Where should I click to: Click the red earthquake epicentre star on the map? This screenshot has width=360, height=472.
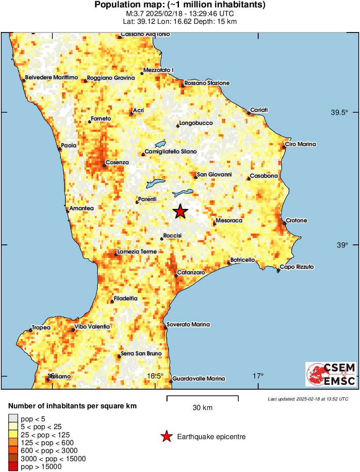(x=181, y=212)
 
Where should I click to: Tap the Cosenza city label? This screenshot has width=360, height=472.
(x=117, y=163)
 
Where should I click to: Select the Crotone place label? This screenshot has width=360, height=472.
(x=297, y=221)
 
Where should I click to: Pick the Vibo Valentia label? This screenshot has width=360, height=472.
(x=92, y=327)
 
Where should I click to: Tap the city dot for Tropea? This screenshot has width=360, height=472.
(x=30, y=330)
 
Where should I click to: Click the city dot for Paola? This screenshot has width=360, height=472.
(x=60, y=149)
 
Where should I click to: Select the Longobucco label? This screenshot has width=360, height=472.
(x=196, y=123)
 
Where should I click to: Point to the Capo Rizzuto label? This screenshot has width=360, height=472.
(x=297, y=267)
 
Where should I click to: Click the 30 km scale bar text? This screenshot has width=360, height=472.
(x=202, y=407)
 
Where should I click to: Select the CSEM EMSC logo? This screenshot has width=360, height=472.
(x=331, y=374)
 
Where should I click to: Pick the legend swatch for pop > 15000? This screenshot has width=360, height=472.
(x=13, y=466)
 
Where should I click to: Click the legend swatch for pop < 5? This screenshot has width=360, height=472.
(x=13, y=419)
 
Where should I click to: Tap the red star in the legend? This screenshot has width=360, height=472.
(x=166, y=437)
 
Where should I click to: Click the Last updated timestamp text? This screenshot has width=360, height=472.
(x=308, y=399)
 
